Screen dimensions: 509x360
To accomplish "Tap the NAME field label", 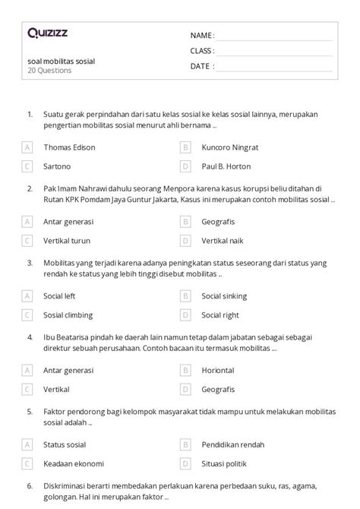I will coord(202,36).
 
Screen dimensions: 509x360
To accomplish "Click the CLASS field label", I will coord(203,51).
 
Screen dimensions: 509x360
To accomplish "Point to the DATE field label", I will coord(201,66).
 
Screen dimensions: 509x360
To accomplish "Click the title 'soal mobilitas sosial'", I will coord(61,61).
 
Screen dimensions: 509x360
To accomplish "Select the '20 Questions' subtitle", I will coord(49,71).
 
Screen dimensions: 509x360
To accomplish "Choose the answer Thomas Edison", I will coord(69,147).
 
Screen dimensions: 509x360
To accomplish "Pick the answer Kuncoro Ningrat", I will coord(230,147).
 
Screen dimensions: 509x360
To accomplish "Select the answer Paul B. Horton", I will coord(226,166).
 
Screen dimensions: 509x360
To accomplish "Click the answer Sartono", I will coord(57,166).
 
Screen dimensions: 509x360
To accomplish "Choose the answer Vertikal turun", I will coord(67,240).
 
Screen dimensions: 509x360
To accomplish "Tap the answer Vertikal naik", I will coord(224,240).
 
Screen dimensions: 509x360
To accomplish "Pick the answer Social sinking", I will coord(224,296).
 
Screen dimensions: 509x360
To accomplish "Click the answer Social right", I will coord(220,315).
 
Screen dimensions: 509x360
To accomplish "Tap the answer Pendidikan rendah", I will coord(232,444).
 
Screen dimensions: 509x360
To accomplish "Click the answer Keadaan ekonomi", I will coord(74,463).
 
